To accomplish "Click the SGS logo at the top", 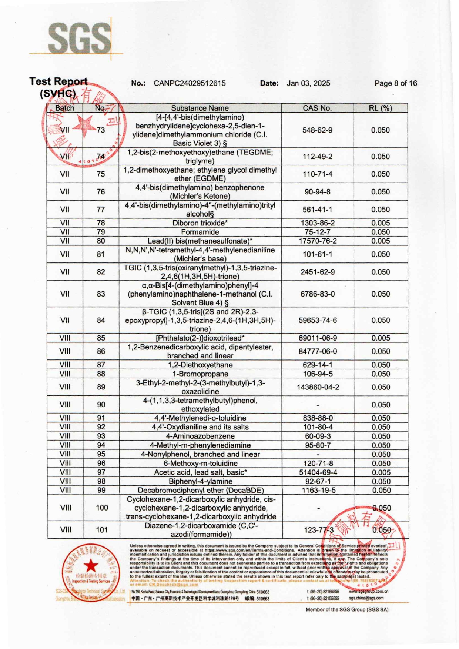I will coord(79,38).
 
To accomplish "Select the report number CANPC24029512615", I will coord(190,83).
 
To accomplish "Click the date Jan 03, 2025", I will coord(308,83).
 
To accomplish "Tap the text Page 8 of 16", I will coord(395,83).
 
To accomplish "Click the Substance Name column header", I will coord(200,108).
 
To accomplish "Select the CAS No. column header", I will coord(317,108).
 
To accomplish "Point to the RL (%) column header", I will coord(380,108).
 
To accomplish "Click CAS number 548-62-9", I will coord(317,130).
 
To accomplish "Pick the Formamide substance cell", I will coord(200,232).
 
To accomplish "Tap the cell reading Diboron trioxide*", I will coord(200,223).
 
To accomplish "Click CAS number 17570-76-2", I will coord(318,241).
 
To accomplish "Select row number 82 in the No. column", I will coord(101,272).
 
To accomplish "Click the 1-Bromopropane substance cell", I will coord(200,374).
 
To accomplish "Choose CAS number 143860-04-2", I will coord(318,387).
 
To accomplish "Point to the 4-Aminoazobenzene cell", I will coord(200,436).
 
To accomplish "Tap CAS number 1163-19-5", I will coord(318,490).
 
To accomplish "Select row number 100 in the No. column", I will coord(102,508).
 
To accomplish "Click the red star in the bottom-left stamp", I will coord(91,565).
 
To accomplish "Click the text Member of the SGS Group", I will coord(347,609).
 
